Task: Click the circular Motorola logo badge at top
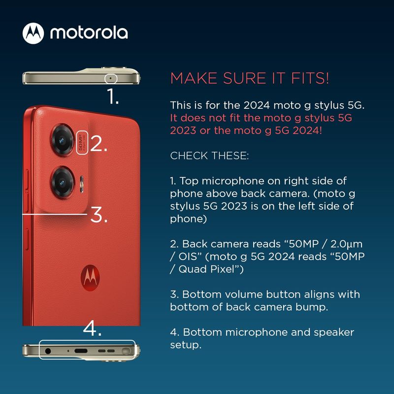(33, 33)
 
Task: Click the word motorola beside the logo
(89, 33)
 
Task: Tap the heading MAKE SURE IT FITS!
(250, 78)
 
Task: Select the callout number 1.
(113, 96)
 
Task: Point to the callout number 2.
(98, 143)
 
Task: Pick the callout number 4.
(92, 328)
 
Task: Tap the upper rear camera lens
(63, 140)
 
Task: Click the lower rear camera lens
(63, 182)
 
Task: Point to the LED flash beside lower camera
(82, 184)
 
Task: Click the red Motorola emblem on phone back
(90, 278)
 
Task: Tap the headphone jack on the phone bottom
(48, 351)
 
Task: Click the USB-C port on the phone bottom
(81, 351)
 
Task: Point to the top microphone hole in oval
(110, 78)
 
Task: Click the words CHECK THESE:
(209, 156)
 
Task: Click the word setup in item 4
(186, 345)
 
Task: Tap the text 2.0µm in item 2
(346, 244)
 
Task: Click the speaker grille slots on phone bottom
(106, 351)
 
